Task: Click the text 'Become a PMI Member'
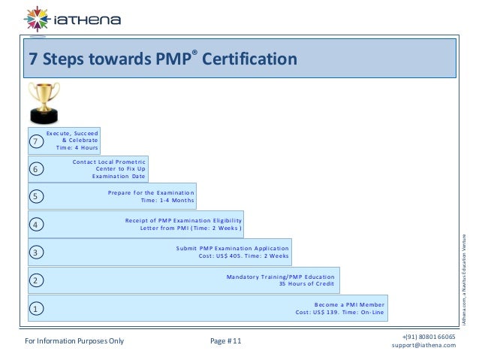[x=348, y=304]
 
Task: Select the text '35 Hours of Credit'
[x=306, y=284]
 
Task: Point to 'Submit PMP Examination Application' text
[x=232, y=248]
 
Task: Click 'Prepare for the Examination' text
[x=150, y=192]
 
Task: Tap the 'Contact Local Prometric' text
[x=108, y=161]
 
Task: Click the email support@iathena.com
[x=423, y=346]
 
